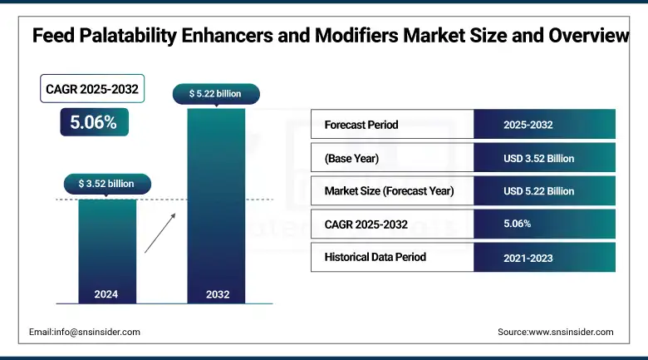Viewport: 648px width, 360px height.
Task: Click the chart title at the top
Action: [x=331, y=36]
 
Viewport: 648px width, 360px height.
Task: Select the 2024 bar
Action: [x=107, y=249]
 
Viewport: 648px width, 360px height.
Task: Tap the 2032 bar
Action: [x=216, y=200]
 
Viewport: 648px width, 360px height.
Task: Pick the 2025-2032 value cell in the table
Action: [x=544, y=125]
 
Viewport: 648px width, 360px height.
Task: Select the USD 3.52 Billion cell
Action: [x=544, y=158]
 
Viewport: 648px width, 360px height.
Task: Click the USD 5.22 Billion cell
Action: [x=544, y=191]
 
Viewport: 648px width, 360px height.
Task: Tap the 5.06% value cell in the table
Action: [x=544, y=224]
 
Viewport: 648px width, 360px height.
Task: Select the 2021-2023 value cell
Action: [x=544, y=257]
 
